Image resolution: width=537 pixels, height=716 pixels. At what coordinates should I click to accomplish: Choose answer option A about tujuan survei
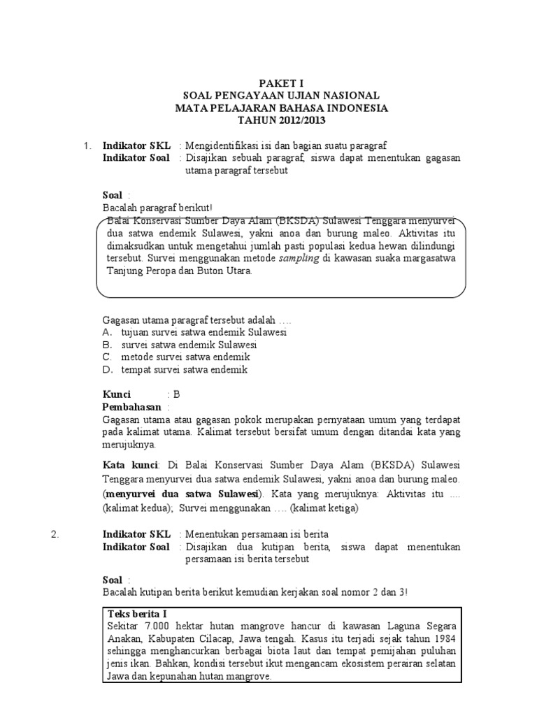coord(194,333)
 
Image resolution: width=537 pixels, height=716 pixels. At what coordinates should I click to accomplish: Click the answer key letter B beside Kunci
coord(177,394)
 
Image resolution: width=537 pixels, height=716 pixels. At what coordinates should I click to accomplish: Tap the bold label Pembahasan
coord(132,407)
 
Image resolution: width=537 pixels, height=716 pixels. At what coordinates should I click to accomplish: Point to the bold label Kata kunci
coord(131,465)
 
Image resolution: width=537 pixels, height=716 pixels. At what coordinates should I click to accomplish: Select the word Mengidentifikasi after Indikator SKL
coord(224,145)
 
